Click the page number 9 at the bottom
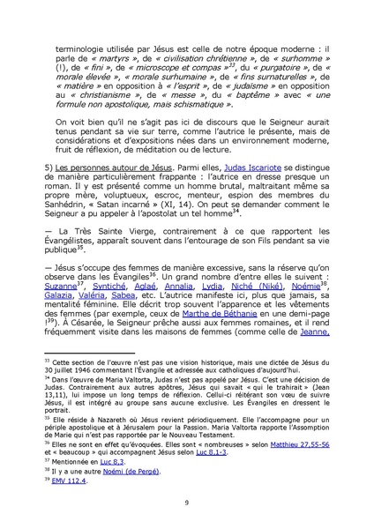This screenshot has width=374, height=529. pos(187,503)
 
